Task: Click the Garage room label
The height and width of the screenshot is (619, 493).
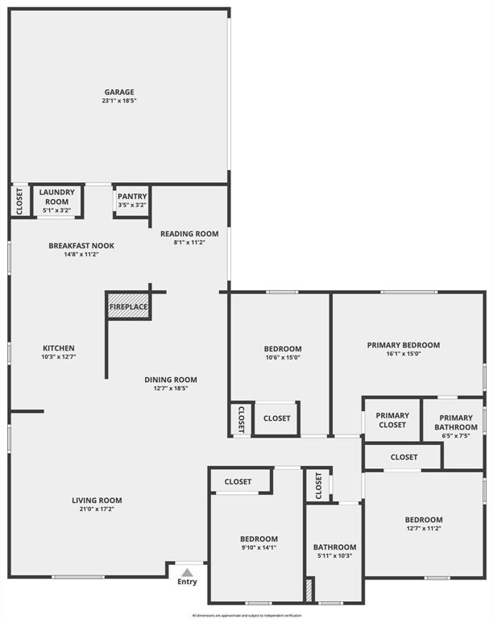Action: point(118,92)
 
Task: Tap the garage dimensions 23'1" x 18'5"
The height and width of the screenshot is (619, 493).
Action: point(118,102)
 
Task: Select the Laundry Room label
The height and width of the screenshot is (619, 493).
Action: point(57,197)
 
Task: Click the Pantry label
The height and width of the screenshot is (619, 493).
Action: point(131,197)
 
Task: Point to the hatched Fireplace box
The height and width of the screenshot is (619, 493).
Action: point(129,306)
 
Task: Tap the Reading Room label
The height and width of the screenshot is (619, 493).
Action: point(189,234)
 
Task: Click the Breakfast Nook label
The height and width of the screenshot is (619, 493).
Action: point(81,245)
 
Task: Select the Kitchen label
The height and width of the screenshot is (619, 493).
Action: point(59,348)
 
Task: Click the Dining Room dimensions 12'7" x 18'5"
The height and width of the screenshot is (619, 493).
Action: point(171,388)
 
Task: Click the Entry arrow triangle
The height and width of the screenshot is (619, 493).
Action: point(187,571)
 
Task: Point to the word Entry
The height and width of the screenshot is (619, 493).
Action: point(187,582)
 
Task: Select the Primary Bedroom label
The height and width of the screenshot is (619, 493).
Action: point(404,345)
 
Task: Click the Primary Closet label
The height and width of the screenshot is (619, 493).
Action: point(392,420)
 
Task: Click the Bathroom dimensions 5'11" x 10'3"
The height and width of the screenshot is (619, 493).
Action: point(334,556)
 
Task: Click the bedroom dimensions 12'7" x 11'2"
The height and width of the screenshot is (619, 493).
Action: point(424,529)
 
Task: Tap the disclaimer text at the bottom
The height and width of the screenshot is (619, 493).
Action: point(246,615)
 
